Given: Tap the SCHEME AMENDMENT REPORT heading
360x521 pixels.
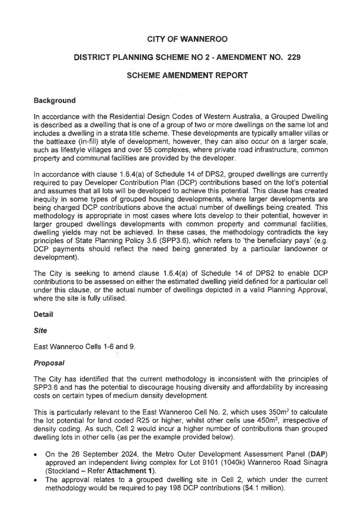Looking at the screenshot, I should click(x=187, y=76).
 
